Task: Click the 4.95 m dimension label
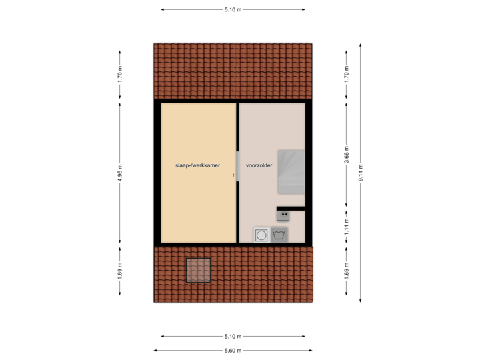tap(120, 171)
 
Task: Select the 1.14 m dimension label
tap(347, 226)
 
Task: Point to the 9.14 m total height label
tap(361, 172)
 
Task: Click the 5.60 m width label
tap(233, 351)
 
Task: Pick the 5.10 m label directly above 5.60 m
tap(233, 337)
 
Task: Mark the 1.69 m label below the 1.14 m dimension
tap(347, 273)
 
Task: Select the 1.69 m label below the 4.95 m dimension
tap(120, 273)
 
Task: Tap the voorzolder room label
tap(259, 165)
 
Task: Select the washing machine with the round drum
tap(261, 235)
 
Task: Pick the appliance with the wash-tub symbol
tap(279, 235)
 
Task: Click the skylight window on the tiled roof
tap(198, 271)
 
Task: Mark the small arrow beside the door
tap(233, 176)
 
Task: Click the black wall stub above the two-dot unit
tap(291, 208)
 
